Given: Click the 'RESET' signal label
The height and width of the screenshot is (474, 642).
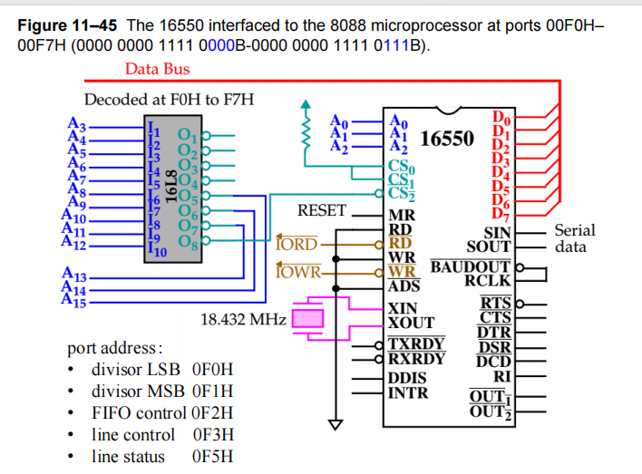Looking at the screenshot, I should point(322,210).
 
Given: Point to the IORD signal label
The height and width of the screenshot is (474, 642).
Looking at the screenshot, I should point(297,244).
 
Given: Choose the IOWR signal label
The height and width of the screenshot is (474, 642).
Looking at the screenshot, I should point(297,270).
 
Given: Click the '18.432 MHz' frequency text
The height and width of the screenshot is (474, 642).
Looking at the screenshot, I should point(243,319).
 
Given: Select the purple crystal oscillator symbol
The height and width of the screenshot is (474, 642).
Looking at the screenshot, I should point(310,318).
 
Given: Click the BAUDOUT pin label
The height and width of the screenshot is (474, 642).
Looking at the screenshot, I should point(471,267).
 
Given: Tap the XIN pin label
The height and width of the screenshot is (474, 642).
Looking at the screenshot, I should point(404,308).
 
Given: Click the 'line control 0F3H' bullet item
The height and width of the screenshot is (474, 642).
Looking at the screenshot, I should point(162,434).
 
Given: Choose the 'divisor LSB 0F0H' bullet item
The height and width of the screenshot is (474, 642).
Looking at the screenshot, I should point(162,370).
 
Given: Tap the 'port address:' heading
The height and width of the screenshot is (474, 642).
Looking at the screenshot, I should point(115,348).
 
